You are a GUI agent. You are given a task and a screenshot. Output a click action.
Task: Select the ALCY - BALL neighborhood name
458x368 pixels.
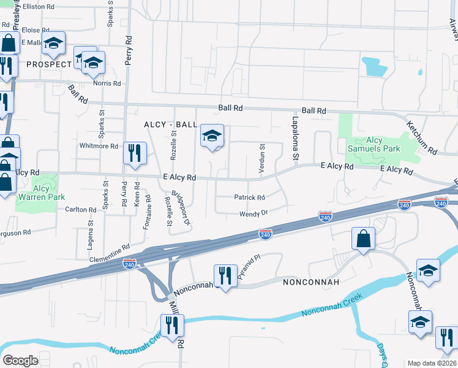pos(171,125)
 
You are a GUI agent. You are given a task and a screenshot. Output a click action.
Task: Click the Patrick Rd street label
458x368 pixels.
pos(249,197)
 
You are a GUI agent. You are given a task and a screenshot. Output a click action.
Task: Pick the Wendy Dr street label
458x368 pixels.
pos(253,213)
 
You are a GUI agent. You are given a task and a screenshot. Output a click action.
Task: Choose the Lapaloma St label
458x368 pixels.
pos(295,139)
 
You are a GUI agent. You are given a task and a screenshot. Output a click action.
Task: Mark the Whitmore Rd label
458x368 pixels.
pos(99,146)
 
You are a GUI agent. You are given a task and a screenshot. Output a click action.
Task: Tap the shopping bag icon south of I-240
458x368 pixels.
pos(363,239)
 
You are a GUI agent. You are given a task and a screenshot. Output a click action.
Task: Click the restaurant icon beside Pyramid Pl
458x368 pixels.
pos(225,275)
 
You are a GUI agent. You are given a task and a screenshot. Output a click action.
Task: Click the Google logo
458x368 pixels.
pos(21,361)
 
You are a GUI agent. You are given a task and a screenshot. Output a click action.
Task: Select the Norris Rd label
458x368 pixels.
pos(107,83)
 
